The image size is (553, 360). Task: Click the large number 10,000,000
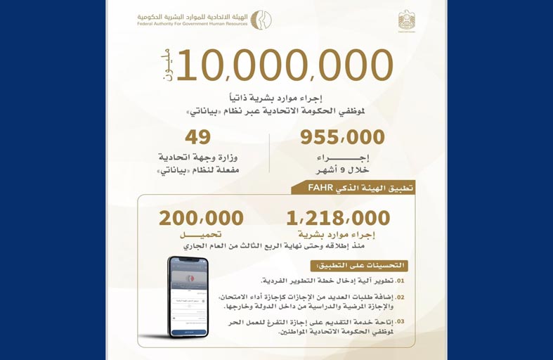coord(285,65)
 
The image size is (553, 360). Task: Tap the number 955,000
coord(342,137)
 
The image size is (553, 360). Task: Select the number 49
coord(197,137)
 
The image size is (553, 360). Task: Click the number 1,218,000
coord(338,218)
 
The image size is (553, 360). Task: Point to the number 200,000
coord(201,218)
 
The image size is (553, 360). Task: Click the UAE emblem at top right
coord(406,20)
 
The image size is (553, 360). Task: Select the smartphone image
coord(188,296)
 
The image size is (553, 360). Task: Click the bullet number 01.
coord(400,280)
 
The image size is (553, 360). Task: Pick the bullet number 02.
coord(400,297)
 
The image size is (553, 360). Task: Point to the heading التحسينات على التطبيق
coord(363,266)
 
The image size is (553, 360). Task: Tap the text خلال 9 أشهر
coord(342,168)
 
